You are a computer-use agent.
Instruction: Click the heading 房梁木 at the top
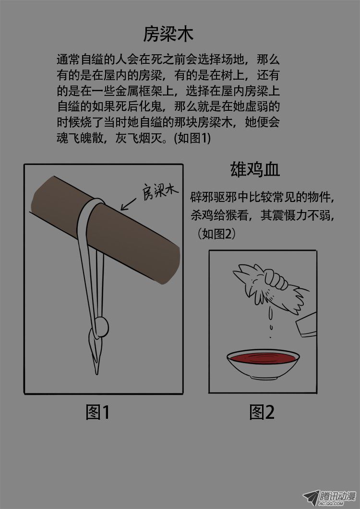(x=168, y=34)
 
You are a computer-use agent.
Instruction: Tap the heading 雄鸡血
(x=255, y=169)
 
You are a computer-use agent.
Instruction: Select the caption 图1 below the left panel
(x=97, y=412)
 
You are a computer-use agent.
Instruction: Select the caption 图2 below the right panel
(x=262, y=412)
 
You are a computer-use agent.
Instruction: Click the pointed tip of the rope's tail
(x=96, y=373)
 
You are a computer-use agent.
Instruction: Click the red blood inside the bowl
(x=263, y=358)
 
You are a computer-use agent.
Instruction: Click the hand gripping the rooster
(x=276, y=279)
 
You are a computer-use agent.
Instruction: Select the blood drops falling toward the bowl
(x=270, y=322)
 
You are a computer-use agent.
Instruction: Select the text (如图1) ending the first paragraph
(x=192, y=138)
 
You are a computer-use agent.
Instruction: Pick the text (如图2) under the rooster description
(x=216, y=234)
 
